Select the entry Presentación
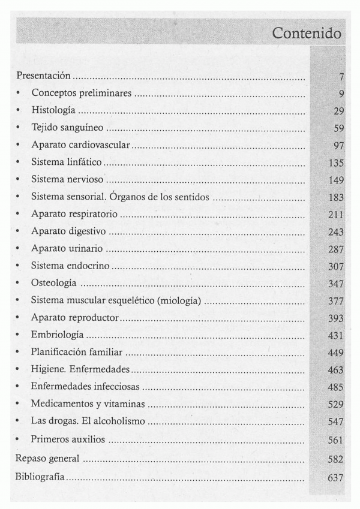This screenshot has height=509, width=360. (44, 76)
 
